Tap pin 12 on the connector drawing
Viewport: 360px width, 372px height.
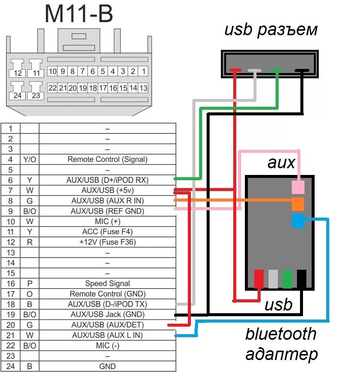tap(18, 73)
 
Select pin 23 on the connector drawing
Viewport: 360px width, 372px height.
tap(36, 95)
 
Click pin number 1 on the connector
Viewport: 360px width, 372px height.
tap(144, 71)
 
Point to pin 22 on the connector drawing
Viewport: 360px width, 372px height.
tap(52, 88)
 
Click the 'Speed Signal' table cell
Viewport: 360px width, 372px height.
tap(107, 284)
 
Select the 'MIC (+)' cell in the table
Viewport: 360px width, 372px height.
tap(107, 221)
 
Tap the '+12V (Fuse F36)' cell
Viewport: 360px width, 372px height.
tap(107, 242)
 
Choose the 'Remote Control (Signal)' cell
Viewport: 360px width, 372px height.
tap(107, 159)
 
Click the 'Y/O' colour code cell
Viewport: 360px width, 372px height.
tap(30, 159)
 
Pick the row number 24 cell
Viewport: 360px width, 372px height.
tap(10, 366)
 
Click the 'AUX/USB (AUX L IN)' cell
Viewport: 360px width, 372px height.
tap(107, 335)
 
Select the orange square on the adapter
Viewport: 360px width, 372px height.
tap(298, 204)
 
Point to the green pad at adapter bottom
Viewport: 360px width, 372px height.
tap(287, 279)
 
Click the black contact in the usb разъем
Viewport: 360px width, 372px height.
tap(302, 70)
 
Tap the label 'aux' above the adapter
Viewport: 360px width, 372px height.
tap(281, 163)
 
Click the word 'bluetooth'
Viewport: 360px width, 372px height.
tap(281, 334)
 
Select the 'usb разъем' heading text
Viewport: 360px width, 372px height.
tap(271, 30)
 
